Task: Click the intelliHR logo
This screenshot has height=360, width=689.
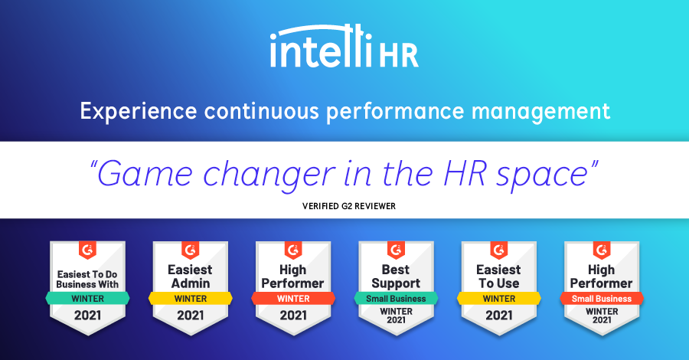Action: tap(344, 46)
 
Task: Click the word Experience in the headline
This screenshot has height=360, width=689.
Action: tap(139, 112)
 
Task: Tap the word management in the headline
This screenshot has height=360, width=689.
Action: tap(540, 112)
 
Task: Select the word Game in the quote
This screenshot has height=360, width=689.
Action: tap(145, 174)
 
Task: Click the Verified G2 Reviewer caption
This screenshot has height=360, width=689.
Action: tap(349, 206)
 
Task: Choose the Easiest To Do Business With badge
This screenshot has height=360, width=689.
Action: tap(87, 288)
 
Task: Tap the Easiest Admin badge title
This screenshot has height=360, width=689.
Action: tap(191, 276)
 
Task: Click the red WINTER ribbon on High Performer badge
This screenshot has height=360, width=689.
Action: tap(293, 299)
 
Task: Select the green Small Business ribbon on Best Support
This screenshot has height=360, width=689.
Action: tap(396, 299)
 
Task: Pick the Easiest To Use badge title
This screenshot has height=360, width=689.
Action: tap(498, 276)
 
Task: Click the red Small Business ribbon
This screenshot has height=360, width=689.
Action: tap(602, 299)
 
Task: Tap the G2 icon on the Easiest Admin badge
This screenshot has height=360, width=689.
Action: tap(191, 250)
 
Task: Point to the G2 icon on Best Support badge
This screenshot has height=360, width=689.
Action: tap(396, 250)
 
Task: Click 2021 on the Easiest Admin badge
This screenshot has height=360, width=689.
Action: tap(191, 315)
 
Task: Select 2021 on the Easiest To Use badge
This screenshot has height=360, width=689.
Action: tap(498, 315)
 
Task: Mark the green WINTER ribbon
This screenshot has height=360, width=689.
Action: tap(87, 299)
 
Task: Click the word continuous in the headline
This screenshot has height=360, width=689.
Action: tap(262, 111)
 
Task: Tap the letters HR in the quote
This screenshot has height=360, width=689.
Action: tap(464, 174)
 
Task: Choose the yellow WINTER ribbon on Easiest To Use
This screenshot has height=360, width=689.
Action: tap(498, 299)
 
